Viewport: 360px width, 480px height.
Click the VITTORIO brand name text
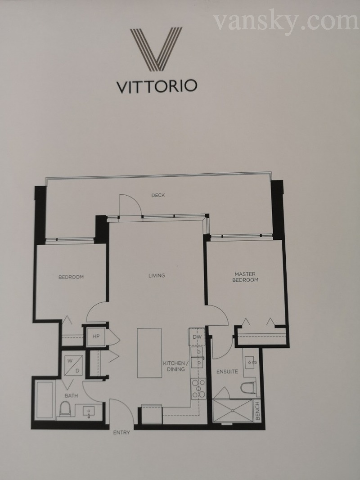(157, 87)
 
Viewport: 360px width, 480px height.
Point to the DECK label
(158, 195)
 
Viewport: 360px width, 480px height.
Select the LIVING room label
(157, 275)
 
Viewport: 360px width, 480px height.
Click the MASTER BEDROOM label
(245, 277)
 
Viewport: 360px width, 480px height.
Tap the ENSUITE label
(227, 372)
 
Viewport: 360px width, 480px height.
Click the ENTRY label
(121, 433)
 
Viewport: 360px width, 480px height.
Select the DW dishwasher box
(197, 337)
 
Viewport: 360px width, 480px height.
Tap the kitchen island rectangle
(149, 353)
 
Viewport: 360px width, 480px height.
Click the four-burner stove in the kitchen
(198, 389)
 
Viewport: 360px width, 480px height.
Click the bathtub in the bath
(45, 399)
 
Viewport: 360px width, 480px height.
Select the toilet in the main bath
(65, 409)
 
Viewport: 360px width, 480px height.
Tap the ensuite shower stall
(233, 411)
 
